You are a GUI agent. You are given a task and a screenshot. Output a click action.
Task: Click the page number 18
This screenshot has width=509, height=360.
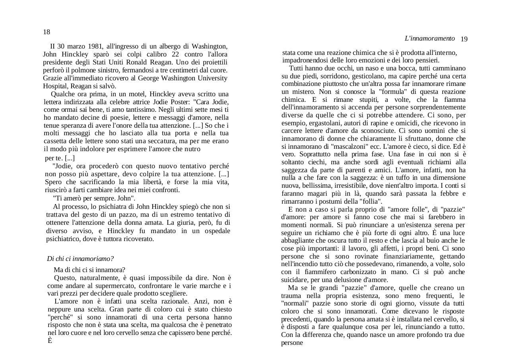(47, 32)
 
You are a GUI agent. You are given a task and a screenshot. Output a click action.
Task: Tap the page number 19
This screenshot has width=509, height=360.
(464, 39)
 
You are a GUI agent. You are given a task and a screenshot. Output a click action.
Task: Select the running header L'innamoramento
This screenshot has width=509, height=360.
(429, 39)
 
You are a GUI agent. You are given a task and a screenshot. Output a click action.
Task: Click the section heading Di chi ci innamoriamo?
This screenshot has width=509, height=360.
(80, 259)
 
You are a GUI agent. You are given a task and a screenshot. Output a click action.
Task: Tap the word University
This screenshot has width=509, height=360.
(212, 78)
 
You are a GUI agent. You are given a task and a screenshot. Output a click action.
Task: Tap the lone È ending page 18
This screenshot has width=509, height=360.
(50, 341)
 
